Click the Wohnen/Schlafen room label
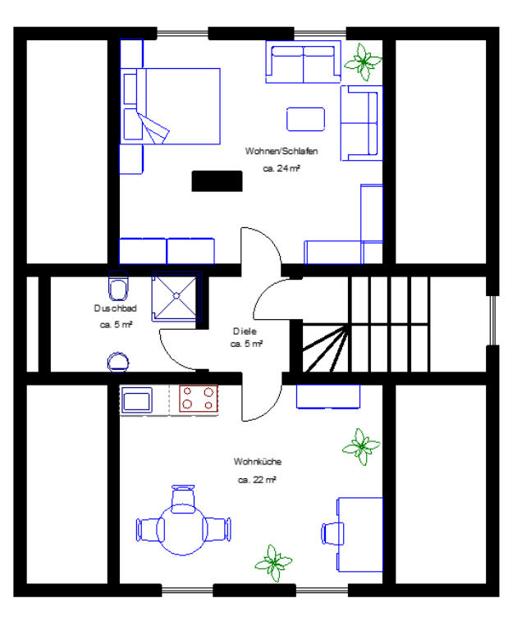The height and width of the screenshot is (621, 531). [282, 151]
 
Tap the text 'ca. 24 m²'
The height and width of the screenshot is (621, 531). [282, 168]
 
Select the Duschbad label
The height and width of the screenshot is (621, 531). [116, 308]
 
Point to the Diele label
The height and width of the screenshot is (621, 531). [245, 331]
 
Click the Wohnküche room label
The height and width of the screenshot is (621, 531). [258, 461]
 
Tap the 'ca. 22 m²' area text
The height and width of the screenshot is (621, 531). [257, 480]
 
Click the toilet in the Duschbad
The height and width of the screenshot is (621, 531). [118, 285]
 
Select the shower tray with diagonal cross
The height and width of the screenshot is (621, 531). [176, 296]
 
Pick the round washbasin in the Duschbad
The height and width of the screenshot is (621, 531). [118, 362]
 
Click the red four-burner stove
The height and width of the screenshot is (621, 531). [198, 399]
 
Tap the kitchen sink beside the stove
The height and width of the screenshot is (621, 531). [137, 400]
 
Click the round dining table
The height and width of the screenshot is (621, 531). [182, 529]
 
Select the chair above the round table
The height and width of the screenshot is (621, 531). [183, 499]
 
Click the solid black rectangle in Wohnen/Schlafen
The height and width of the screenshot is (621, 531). [217, 181]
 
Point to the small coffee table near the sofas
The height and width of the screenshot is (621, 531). [305, 119]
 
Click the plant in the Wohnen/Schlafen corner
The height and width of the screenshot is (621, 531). [363, 62]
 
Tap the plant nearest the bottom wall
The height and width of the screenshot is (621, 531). [274, 563]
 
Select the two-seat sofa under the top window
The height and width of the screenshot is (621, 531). [303, 62]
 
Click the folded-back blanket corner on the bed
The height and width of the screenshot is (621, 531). [154, 127]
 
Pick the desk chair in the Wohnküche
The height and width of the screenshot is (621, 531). [332, 533]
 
